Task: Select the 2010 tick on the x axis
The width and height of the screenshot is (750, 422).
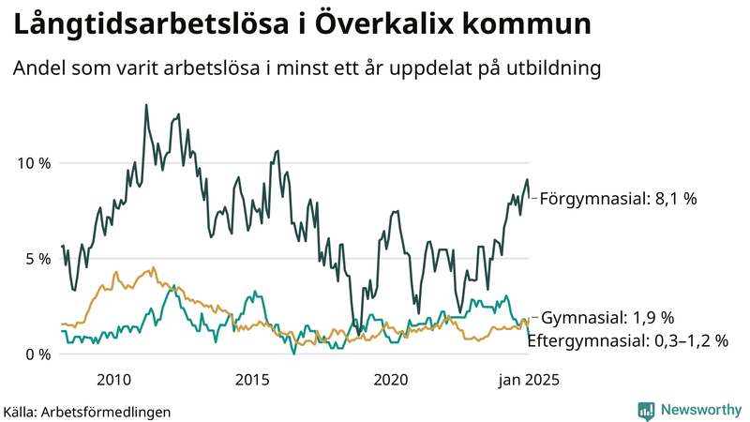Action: pos(113,380)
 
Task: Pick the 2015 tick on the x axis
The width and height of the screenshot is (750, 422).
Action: pos(252,380)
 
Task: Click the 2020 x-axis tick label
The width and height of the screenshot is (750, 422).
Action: pos(391,380)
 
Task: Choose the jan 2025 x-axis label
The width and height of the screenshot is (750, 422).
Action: pos(521,380)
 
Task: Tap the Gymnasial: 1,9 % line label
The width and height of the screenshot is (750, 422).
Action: pos(607,317)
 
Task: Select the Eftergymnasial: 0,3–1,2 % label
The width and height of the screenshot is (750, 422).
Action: pos(627,341)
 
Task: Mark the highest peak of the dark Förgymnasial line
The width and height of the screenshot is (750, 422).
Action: pos(146,105)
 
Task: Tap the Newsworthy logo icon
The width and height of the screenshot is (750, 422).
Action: pos(646,410)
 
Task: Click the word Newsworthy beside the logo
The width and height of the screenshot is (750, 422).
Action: pos(700,410)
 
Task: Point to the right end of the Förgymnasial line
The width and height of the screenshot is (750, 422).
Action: pos(530,197)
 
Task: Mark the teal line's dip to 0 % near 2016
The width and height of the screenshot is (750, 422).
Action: pos(293,353)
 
